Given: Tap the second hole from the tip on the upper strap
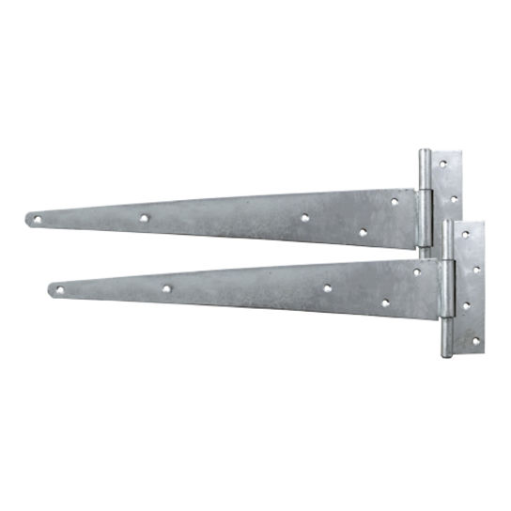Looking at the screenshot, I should point(144,218).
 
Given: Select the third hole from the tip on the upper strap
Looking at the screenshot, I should point(305,217).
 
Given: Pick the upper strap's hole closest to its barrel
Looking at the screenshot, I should point(395,201).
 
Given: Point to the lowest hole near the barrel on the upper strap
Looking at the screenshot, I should point(363,232).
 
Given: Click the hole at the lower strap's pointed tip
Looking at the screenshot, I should point(60,291).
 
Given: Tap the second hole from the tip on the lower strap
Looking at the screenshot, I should point(166,289).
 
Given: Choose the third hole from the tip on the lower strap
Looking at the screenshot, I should point(327,287).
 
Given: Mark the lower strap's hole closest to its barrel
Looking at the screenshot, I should point(417,272).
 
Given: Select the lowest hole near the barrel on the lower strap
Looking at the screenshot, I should point(385,303).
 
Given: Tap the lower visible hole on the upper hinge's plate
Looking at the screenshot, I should point(454,199).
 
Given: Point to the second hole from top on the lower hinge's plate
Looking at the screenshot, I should point(476,270).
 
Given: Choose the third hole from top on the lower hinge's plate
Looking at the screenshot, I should point(466,305).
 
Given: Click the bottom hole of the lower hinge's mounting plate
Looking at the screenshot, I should point(475,340).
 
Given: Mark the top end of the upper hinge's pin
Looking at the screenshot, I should point(425,153).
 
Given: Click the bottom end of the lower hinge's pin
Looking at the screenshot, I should point(447,354).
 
